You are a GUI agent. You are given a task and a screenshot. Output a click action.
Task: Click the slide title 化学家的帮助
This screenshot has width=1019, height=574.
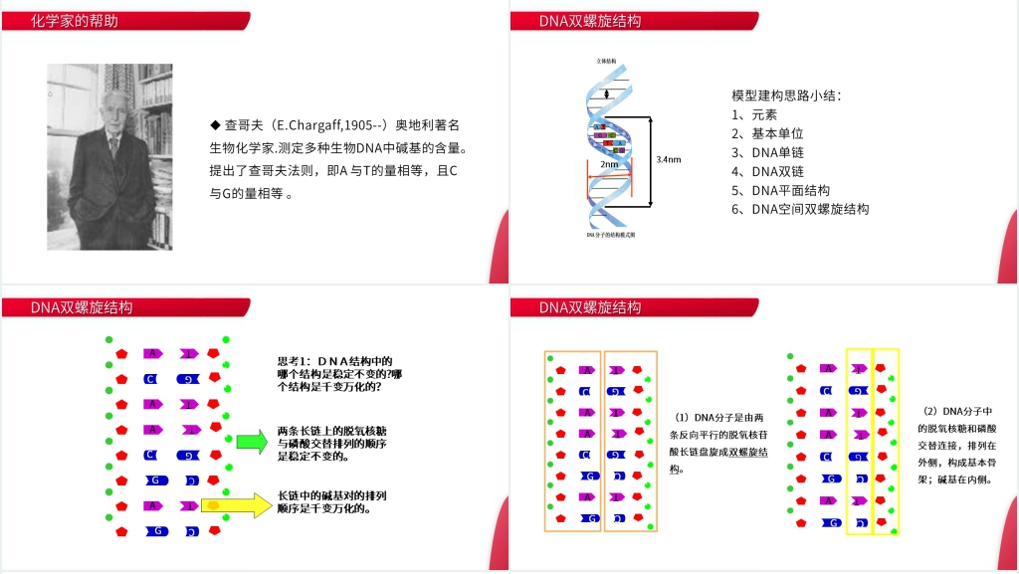click(74, 21)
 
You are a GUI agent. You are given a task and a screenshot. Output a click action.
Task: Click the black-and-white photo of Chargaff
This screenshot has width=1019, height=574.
click(109, 157)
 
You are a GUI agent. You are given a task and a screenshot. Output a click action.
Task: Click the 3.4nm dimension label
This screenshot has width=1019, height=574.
click(669, 159)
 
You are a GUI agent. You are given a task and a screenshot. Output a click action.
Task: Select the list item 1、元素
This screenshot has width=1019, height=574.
click(753, 114)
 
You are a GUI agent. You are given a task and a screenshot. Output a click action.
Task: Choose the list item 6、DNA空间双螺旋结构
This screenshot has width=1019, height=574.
click(800, 209)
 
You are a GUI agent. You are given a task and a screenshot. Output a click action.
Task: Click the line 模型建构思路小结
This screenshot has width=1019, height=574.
click(786, 96)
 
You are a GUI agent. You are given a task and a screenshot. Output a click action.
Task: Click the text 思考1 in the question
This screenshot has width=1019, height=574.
click(295, 362)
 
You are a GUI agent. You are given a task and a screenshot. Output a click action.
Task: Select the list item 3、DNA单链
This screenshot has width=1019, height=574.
click(767, 152)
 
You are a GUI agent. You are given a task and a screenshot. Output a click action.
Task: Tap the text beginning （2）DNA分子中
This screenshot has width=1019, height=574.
click(958, 411)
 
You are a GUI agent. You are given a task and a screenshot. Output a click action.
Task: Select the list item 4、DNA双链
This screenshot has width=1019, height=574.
click(767, 171)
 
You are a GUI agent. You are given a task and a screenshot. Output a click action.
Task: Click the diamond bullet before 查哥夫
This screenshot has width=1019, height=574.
click(214, 125)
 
